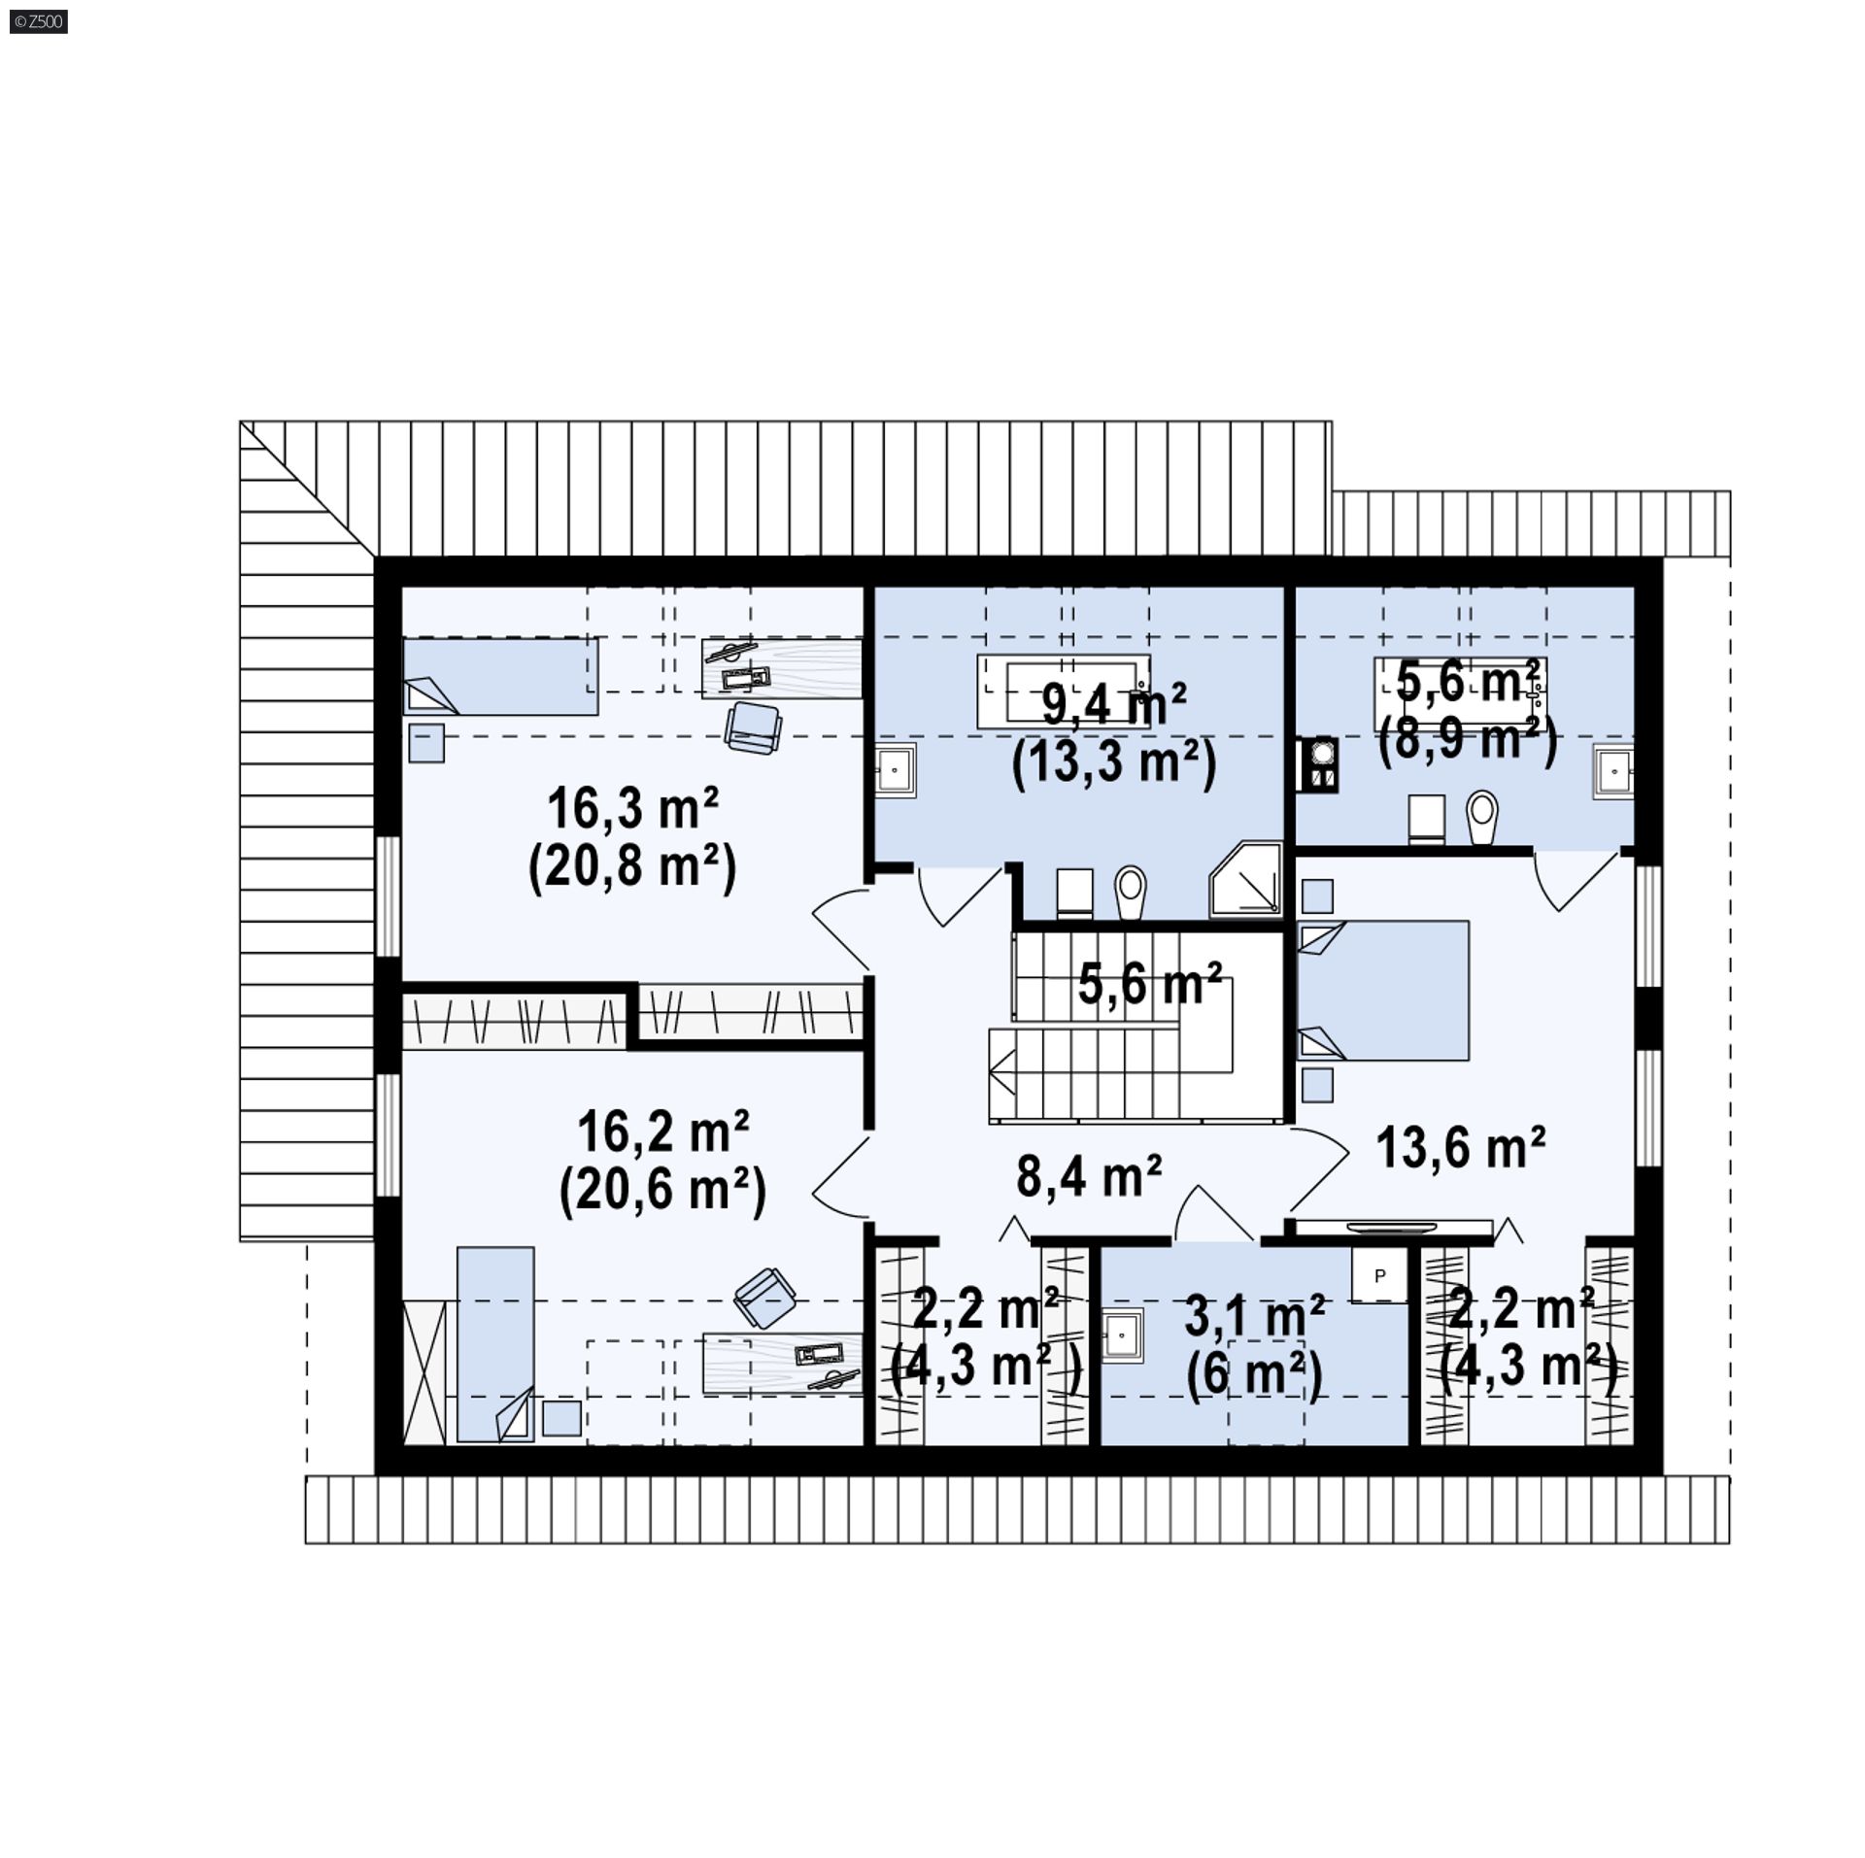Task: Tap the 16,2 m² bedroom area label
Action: [x=662, y=1130]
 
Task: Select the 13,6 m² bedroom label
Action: [x=1461, y=1148]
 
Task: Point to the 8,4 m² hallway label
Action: [x=1089, y=1176]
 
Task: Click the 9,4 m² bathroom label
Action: [x=1114, y=704]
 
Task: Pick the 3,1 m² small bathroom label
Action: [x=1255, y=1317]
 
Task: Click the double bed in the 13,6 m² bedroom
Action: [x=1383, y=990]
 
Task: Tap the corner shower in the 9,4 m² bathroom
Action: [x=1246, y=879]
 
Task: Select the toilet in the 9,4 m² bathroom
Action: [x=1131, y=892]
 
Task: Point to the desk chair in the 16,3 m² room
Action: [x=753, y=726]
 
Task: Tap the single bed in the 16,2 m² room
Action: [x=495, y=1344]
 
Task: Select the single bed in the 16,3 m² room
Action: [x=500, y=676]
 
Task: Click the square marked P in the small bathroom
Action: [x=1379, y=1275]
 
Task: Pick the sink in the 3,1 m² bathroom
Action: [x=1123, y=1335]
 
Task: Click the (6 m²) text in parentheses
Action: [x=1254, y=1377]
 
